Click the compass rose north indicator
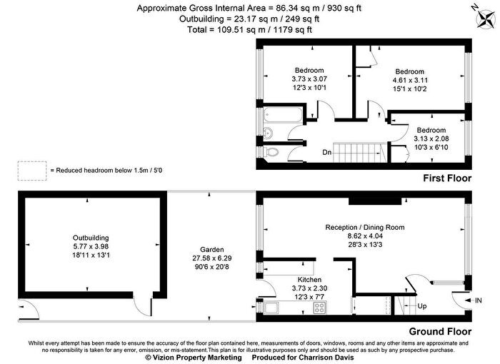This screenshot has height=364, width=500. coord(486,19)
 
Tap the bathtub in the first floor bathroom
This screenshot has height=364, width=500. coord(283,114)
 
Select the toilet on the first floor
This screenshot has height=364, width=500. coord(271,152)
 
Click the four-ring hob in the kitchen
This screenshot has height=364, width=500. coord(320,308)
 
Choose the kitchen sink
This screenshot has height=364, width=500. coord(271,308)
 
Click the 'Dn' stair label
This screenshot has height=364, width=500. coord(327,152)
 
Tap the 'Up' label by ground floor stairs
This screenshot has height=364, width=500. coord(422,306)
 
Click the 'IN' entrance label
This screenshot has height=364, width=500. coord(479,300)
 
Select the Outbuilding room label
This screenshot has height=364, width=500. coord(91,238)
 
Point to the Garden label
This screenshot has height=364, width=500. coord(212,250)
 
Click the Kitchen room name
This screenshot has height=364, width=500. coord(309,280)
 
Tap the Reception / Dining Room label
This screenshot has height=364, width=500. coord(365,227)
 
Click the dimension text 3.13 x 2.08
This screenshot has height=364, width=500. coord(431,138)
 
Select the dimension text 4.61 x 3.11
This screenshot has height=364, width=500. coord(410,80)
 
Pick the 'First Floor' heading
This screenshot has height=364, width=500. coord(447,178)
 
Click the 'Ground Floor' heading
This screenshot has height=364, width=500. coord(440,331)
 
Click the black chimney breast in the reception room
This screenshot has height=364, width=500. coord(375,201)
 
